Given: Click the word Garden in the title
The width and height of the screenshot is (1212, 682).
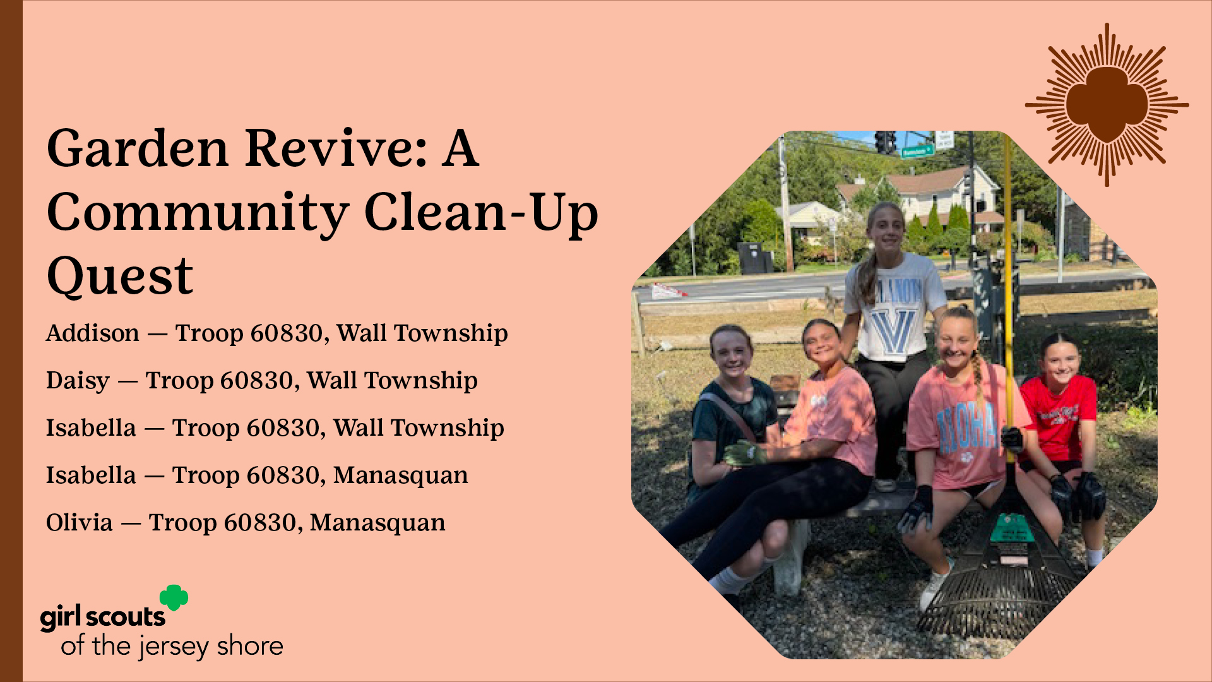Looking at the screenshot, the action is (x=137, y=148).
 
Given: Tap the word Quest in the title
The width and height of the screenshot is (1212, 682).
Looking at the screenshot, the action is (x=120, y=277).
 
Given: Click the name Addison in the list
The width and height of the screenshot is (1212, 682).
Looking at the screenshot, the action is (x=93, y=333).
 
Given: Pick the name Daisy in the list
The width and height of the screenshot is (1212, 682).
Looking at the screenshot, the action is (x=78, y=381).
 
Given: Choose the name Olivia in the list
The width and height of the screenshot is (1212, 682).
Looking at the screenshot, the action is (x=80, y=522).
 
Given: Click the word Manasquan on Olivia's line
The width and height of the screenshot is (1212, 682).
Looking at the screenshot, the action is (x=377, y=522).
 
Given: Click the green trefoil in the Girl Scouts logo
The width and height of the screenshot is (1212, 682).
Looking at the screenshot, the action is (x=174, y=597).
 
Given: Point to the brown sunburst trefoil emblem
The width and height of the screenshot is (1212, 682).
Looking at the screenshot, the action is (x=1107, y=105).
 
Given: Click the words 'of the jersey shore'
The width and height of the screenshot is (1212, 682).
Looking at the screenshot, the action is (x=172, y=647).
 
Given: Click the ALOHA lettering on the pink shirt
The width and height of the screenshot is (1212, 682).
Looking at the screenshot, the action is (x=966, y=429).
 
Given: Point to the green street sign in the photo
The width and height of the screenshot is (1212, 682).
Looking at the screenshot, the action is (x=918, y=151).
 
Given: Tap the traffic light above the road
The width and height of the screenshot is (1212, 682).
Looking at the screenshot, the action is (x=886, y=143).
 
